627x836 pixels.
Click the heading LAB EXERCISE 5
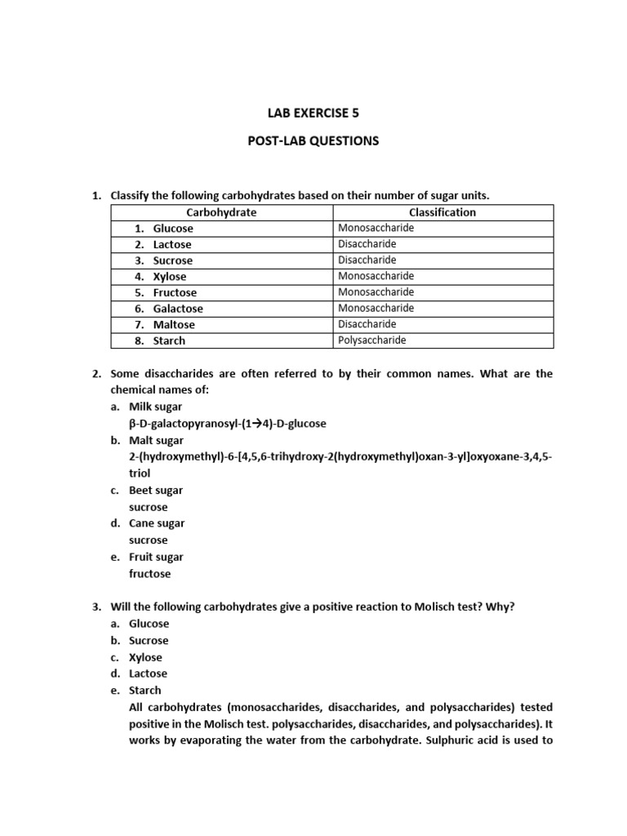point(313,113)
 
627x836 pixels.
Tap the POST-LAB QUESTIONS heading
point(313,140)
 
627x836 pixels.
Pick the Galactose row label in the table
point(178,309)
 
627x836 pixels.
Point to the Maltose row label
point(173,325)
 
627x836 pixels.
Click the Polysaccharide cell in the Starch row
point(371,340)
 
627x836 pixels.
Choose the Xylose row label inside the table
point(169,277)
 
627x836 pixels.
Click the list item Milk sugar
point(155,407)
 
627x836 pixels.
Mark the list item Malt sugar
point(155,441)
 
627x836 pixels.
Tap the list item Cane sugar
point(156,523)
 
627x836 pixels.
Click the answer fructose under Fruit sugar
point(150,574)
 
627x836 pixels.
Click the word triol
point(140,474)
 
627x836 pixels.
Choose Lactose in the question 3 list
point(148,674)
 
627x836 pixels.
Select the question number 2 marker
point(96,374)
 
